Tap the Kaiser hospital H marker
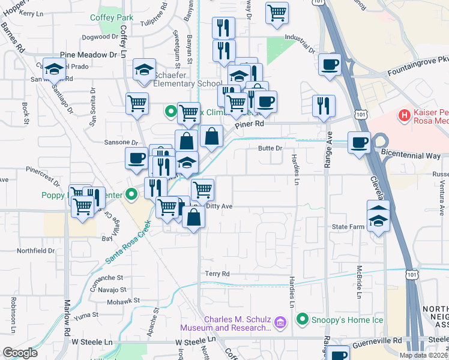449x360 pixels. (x=405, y=114)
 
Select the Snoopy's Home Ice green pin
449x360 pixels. (x=303, y=319)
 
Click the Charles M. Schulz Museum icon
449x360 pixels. (x=279, y=324)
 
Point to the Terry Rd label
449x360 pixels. (x=217, y=274)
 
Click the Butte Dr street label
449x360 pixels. (x=270, y=148)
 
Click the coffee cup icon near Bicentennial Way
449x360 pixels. (x=359, y=143)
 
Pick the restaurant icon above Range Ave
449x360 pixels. (x=324, y=106)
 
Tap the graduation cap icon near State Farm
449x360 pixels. (x=378, y=220)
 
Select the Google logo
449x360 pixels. (x=20, y=353)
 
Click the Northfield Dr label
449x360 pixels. (x=36, y=250)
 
